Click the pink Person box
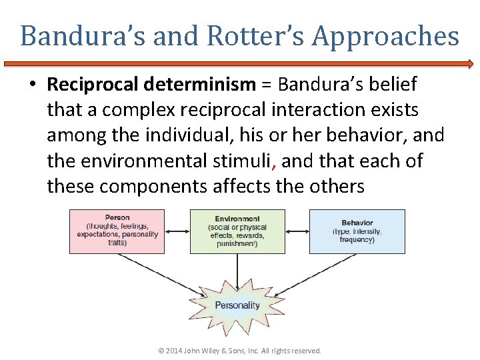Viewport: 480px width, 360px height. point(117,231)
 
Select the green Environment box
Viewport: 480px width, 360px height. point(237,231)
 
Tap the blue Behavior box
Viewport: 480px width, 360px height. point(357,231)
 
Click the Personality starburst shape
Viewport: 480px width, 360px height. point(237,305)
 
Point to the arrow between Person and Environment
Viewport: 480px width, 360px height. point(177,231)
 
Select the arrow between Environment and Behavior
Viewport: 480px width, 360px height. point(297,231)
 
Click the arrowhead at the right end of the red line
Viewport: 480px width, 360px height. point(469,65)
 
